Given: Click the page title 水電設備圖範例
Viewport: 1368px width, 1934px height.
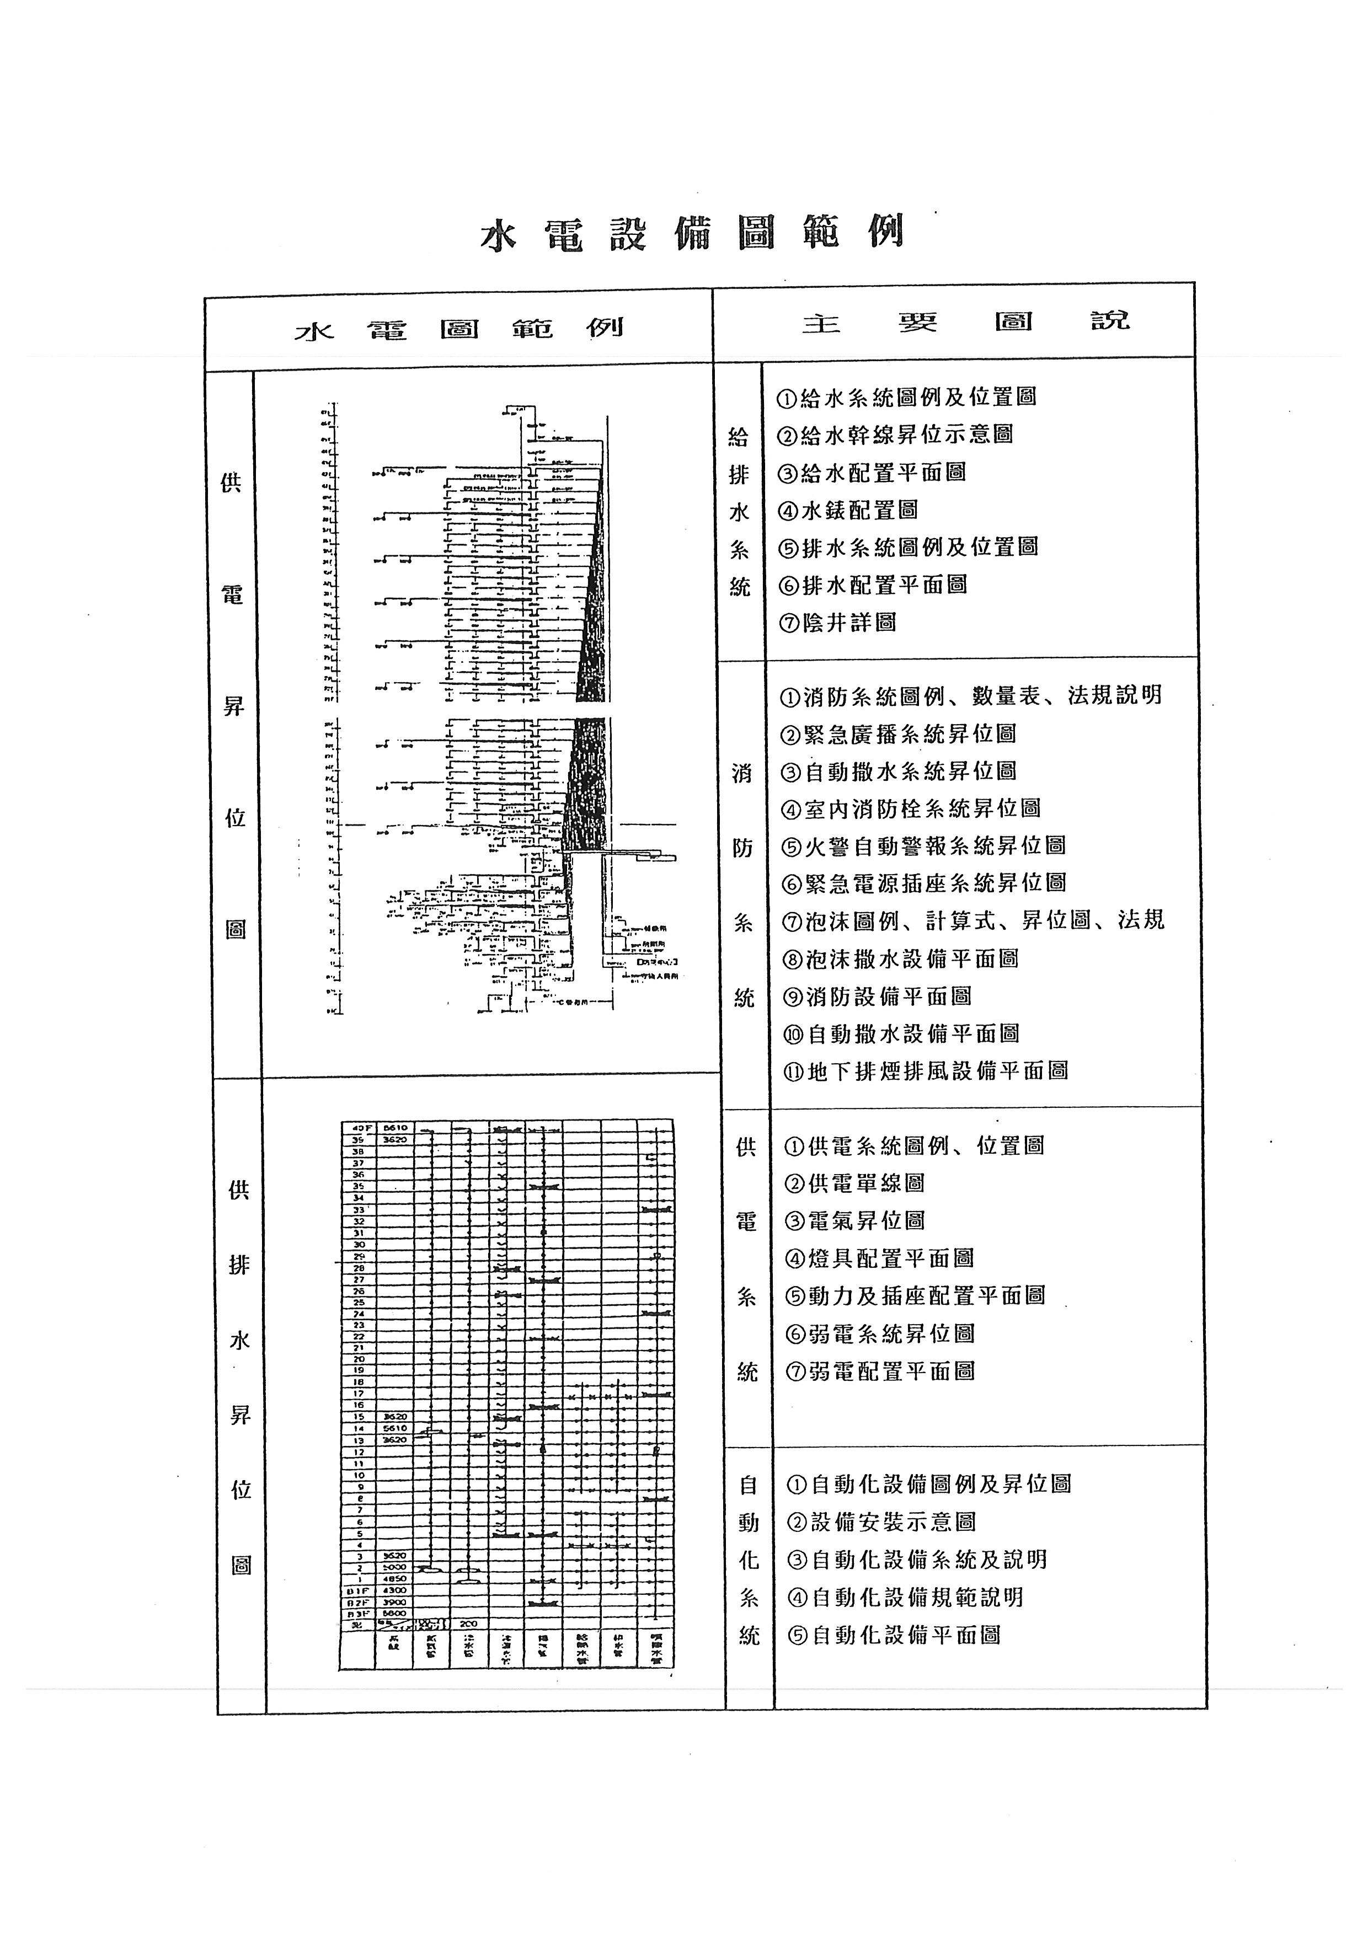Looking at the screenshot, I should coord(692,233).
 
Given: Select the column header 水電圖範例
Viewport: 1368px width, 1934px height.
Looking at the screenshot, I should coord(459,328).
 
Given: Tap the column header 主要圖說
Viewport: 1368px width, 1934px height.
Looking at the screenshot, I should coord(965,322).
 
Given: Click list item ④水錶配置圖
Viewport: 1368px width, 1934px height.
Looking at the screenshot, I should coord(847,510).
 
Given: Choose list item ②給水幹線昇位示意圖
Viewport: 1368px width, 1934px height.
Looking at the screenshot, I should coord(895,435).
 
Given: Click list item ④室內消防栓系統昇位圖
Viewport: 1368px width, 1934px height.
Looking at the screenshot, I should coord(911,808).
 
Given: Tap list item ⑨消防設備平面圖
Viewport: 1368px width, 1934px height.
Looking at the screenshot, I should coord(877,997).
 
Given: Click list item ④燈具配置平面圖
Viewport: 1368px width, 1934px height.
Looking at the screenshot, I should coord(879,1258).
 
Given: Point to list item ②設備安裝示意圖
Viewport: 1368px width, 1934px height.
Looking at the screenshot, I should coord(881,1522).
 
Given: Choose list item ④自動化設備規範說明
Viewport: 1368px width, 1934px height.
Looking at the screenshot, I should coord(906,1597).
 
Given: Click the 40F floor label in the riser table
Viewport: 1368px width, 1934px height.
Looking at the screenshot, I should coord(357,1127).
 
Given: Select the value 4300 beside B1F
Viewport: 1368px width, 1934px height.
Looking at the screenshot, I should coord(394,1590).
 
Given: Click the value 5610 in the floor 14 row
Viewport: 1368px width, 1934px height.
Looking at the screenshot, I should coord(394,1429).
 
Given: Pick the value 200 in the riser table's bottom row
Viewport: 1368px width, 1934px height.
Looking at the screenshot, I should coord(468,1624).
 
